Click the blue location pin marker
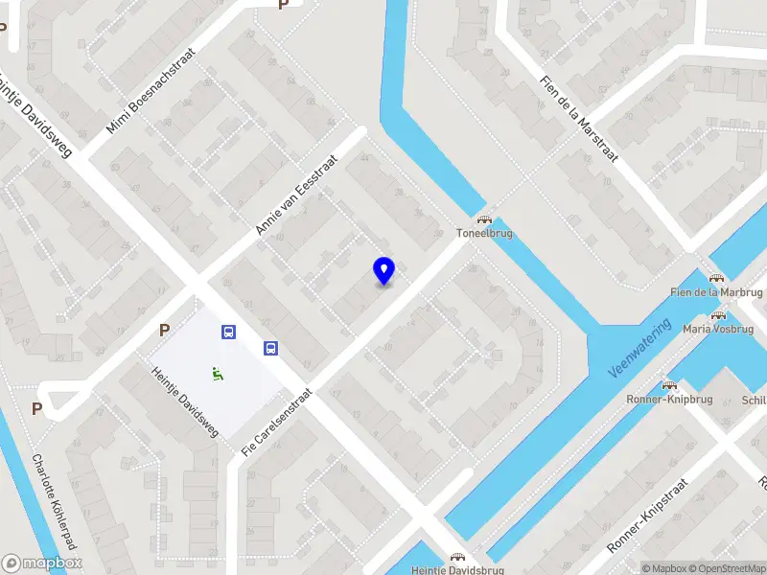384,270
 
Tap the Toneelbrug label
484,233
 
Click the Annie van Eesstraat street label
298,195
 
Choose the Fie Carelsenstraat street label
278,421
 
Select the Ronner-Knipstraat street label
648,518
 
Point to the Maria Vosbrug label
718,330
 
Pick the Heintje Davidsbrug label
458,569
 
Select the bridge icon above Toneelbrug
484,219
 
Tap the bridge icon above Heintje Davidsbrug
458,557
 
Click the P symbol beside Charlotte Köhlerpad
36,409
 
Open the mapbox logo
42,563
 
